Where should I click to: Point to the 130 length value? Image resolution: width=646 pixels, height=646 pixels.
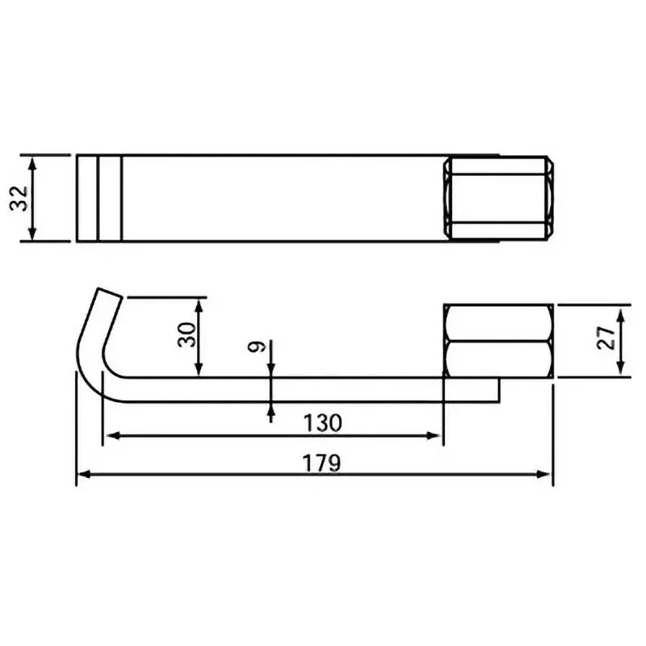pyautogui.click(x=323, y=422)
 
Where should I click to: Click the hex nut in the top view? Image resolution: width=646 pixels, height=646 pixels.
pyautogui.click(x=498, y=198)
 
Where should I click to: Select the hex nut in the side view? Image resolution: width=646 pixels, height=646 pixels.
pyautogui.click(x=498, y=341)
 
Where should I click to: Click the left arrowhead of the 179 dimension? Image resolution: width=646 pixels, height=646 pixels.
pyautogui.click(x=82, y=475)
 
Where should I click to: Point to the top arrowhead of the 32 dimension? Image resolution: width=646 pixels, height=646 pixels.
pyautogui.click(x=32, y=161)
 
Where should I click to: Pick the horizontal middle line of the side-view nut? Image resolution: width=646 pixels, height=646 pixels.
pyautogui.click(x=498, y=341)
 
